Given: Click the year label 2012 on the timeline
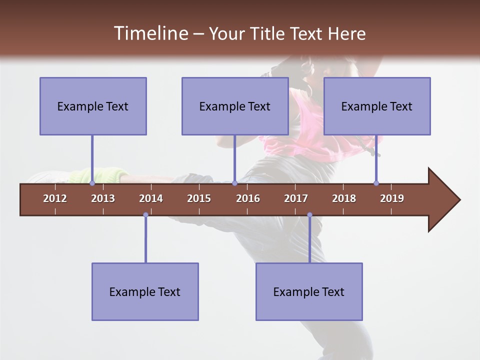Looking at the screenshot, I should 55,198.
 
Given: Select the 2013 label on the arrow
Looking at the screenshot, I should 103,198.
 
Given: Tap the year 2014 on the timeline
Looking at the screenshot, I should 151,198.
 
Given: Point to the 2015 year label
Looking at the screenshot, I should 199,198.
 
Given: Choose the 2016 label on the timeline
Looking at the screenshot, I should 248,198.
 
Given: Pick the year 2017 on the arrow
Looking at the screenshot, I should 296,198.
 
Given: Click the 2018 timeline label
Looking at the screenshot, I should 344,198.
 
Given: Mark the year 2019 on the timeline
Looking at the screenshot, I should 392,198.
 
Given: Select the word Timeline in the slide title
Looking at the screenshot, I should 150,33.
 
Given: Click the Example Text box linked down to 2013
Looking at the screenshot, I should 93,106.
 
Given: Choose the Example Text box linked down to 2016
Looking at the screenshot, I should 235,106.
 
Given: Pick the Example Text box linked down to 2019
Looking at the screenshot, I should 377,106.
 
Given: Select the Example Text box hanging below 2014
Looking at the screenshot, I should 145,291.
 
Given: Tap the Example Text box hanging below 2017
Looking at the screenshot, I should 309,291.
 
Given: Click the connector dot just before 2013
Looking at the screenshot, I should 92,183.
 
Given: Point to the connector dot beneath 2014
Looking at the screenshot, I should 145,215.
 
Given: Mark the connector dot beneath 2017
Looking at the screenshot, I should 309,215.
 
